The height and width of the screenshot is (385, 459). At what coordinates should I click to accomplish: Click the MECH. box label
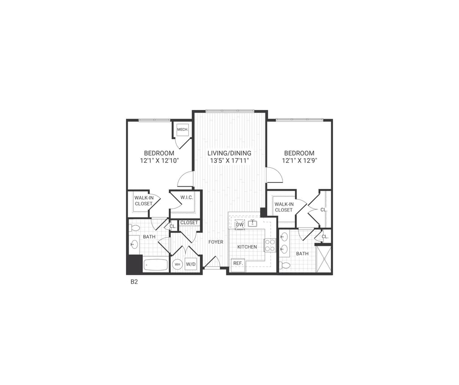coord(183,130)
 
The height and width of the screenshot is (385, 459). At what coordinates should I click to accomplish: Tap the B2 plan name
coord(134,282)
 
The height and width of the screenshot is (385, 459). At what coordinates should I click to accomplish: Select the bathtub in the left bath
coord(156,265)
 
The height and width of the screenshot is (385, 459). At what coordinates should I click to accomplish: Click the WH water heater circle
coord(177,265)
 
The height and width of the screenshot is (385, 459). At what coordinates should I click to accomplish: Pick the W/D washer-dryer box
coord(190,265)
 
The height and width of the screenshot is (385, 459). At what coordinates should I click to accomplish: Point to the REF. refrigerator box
coord(238,263)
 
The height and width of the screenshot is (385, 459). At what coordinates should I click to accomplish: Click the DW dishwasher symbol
coord(240,224)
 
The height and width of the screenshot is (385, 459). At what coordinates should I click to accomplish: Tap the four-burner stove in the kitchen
coord(270,245)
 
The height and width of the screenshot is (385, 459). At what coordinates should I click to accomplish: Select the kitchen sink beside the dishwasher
coord(253,224)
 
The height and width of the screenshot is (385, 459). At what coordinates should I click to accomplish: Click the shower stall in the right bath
coord(323,259)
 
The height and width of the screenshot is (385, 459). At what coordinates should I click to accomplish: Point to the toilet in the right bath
coord(285,265)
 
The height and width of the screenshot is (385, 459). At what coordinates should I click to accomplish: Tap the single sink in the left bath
coord(134,245)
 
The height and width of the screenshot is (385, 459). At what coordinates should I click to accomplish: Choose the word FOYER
coord(216,242)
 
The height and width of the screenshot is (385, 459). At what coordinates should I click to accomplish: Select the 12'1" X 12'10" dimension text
coord(159,161)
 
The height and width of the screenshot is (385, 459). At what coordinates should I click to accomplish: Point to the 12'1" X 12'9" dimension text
coord(299,161)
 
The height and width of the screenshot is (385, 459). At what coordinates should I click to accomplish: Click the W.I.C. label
coord(187,198)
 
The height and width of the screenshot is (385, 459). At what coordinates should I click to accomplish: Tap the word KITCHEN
coord(247,247)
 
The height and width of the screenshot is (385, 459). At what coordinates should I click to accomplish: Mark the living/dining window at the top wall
coord(229,111)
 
